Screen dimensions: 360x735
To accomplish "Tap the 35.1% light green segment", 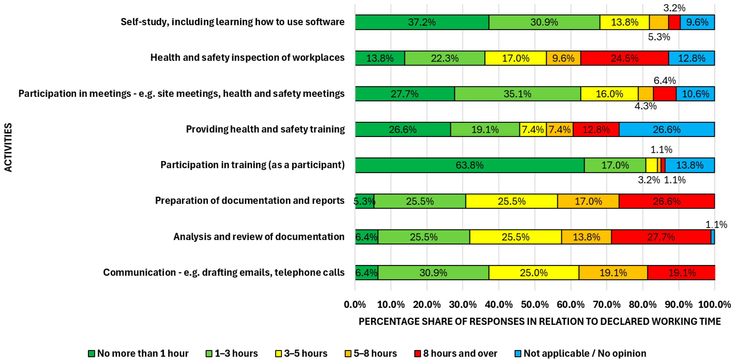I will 517,94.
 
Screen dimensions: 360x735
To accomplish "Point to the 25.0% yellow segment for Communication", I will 533,273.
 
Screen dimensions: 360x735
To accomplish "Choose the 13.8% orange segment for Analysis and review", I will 586,237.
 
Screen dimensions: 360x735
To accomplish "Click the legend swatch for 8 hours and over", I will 417,353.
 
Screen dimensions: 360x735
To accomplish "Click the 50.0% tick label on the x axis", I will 534,305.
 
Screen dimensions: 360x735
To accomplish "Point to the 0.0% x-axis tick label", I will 355,305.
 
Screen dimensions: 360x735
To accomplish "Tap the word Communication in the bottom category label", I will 139,272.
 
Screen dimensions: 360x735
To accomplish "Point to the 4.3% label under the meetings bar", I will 645,106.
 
